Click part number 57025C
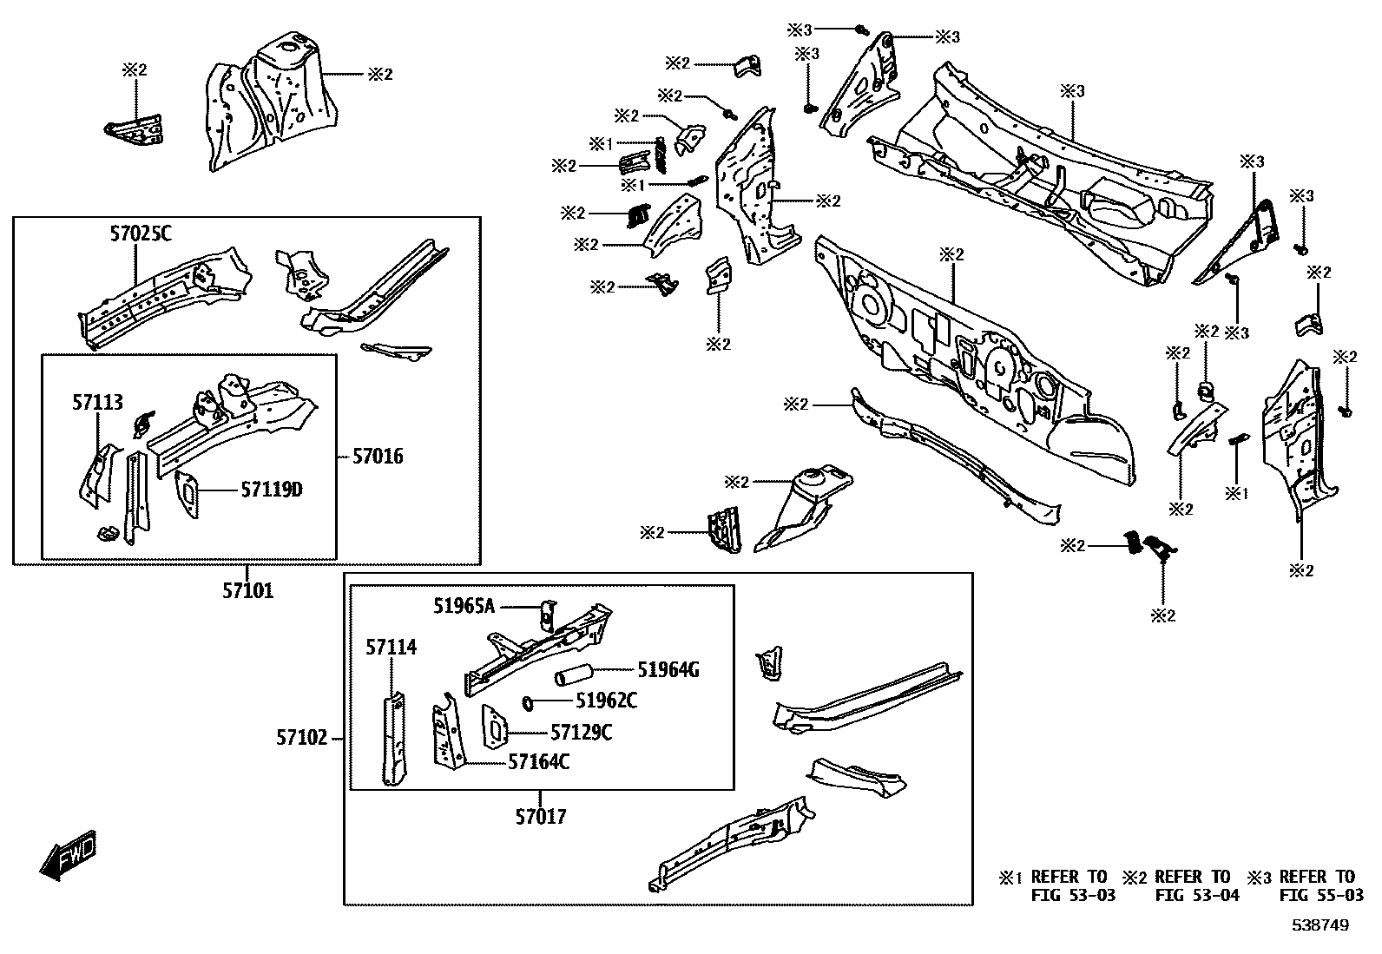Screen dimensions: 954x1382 point(141,234)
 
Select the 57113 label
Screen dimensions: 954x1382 point(97,403)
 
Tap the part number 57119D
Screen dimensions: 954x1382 point(271,490)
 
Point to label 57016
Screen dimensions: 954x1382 point(378,456)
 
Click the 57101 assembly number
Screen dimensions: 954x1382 point(247,592)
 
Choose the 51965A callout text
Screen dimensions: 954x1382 point(464,607)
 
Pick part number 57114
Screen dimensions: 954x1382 point(391,648)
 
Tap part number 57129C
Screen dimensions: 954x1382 point(582,733)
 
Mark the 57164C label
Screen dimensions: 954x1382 point(538,762)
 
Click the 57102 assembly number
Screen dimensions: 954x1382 point(302,738)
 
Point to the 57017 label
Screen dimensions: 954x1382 point(541,817)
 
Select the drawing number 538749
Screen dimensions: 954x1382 point(1319,926)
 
